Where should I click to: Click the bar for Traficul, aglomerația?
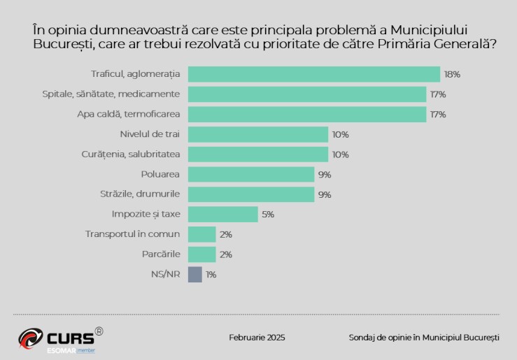314,74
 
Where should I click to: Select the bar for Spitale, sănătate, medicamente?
307,94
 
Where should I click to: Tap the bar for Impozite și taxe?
223,215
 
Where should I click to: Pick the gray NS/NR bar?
195,275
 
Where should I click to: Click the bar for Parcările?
202,254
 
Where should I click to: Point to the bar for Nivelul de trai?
258,134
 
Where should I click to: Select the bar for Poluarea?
251,175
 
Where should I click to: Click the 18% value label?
452,74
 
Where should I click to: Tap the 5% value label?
268,215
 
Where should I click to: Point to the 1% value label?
211,275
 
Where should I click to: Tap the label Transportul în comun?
132,234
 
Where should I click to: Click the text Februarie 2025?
257,338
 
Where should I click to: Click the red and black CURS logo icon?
31,338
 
